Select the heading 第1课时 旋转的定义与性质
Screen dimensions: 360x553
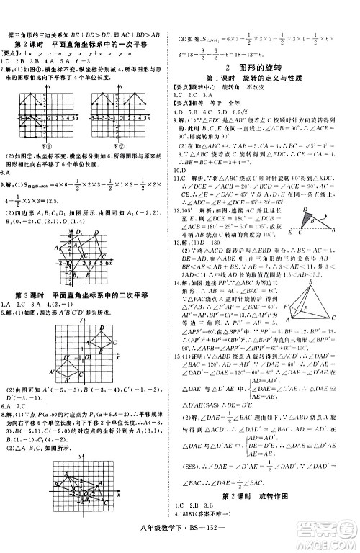pos(262,76)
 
